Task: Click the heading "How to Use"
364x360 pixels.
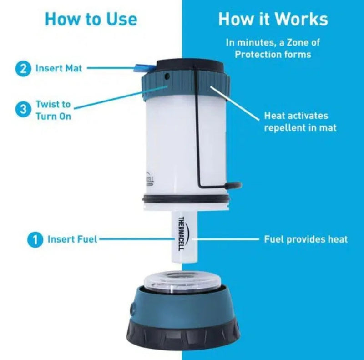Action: pos(91,19)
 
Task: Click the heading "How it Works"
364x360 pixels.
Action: pos(273,19)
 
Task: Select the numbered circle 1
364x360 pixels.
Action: pos(35,239)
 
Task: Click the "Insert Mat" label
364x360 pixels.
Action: pos(59,69)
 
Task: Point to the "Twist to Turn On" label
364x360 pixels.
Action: pos(53,110)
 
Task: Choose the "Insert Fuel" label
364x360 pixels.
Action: pos(72,239)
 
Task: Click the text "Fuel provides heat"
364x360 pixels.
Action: pos(306,239)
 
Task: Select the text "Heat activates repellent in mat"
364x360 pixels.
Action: pos(300,122)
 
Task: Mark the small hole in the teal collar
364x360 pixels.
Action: pos(167,75)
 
